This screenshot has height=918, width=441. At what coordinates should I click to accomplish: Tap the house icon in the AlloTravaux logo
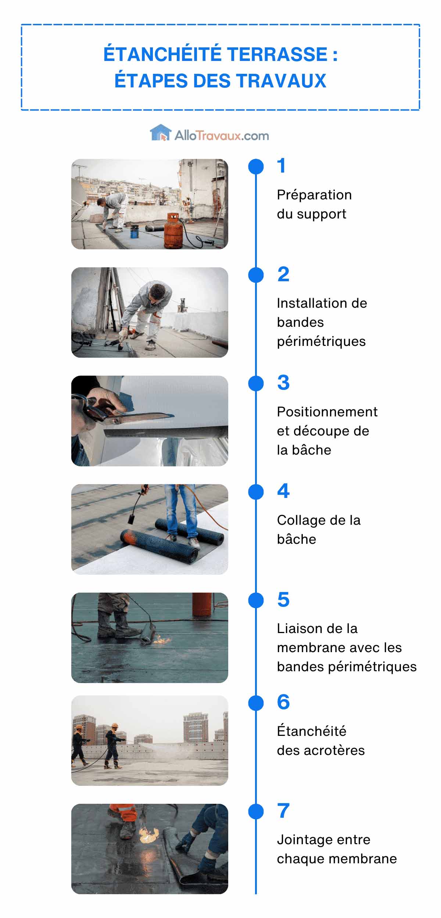(161, 133)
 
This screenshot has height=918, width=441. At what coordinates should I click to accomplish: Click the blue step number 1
(281, 166)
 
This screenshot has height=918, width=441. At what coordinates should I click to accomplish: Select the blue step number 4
(283, 491)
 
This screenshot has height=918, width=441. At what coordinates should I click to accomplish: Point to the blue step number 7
(283, 811)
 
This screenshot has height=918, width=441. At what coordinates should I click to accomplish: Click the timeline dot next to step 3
(256, 383)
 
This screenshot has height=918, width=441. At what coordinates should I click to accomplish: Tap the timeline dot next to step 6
(256, 703)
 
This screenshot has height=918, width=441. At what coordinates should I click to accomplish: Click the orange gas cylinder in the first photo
(173, 231)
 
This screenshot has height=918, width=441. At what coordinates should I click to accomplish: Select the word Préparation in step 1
(314, 195)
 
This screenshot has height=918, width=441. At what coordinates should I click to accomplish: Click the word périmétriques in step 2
(321, 341)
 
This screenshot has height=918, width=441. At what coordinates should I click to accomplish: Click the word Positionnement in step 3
(327, 412)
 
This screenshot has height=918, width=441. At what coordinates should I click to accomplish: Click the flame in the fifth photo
(162, 641)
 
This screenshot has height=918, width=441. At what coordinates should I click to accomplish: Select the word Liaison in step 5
(299, 629)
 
